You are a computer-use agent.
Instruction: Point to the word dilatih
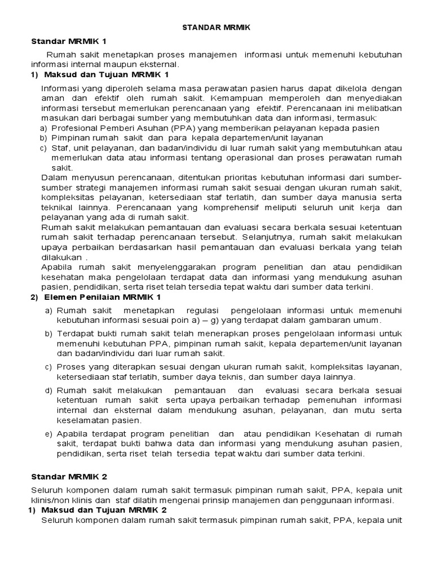[148, 500]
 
